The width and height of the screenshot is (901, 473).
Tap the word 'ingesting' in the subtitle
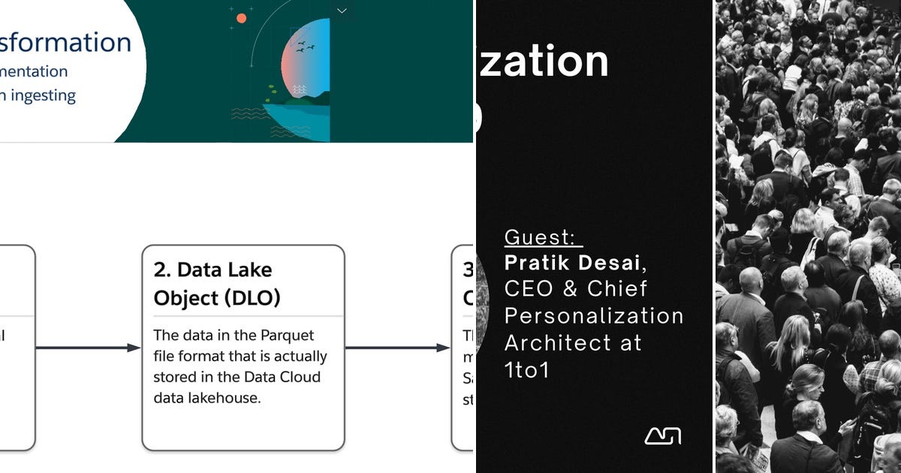(x=44, y=95)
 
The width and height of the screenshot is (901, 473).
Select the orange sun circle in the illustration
(x=241, y=17)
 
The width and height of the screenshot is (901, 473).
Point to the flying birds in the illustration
(x=305, y=47)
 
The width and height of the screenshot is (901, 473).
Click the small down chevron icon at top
(x=342, y=11)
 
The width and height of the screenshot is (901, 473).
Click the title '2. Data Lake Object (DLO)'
(x=217, y=284)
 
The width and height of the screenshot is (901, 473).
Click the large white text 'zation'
(x=545, y=61)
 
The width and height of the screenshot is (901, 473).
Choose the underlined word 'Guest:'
(x=542, y=237)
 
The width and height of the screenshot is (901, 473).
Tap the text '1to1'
(x=527, y=369)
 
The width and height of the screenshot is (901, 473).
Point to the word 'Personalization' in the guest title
(x=593, y=315)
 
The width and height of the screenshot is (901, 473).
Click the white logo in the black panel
(x=662, y=435)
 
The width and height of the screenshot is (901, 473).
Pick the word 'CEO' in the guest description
(x=528, y=289)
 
